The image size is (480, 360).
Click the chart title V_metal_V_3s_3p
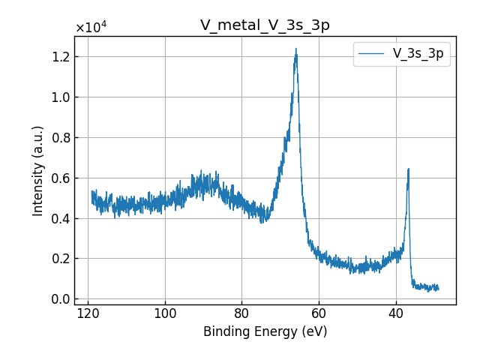click(265, 25)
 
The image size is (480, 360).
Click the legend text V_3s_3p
click(418, 54)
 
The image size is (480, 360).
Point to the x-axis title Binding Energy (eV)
click(265, 331)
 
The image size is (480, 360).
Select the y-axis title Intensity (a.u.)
click(38, 171)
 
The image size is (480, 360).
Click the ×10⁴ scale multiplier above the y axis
click(91, 28)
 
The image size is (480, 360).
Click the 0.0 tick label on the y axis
click(60, 299)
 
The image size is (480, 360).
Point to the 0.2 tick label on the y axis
click(60, 259)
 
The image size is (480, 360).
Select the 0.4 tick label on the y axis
click(60, 218)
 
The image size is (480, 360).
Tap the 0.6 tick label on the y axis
click(60, 178)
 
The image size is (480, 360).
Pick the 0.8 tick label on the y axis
click(60, 137)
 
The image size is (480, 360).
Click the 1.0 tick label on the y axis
click(60, 97)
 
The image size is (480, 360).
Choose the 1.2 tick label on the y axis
click(60, 57)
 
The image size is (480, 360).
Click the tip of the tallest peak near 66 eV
click(296, 49)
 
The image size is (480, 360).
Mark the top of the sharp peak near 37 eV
click(409, 169)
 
